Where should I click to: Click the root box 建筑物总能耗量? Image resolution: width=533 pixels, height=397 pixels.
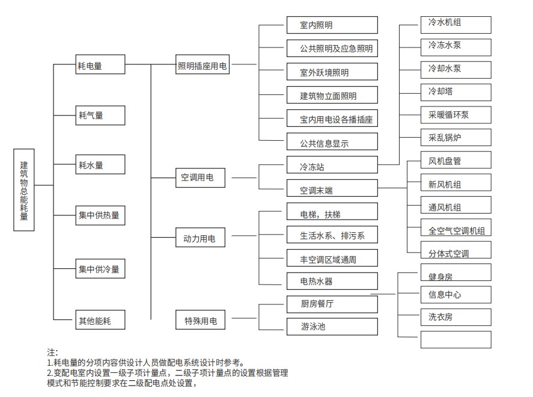pyautogui.click(x=24, y=189)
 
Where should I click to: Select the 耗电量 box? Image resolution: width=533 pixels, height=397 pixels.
pyautogui.click(x=100, y=65)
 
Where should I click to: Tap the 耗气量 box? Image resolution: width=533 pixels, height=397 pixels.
pyautogui.click(x=100, y=115)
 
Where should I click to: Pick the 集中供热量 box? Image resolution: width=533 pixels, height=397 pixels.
pyautogui.click(x=100, y=215)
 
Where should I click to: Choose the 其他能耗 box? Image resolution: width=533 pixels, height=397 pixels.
pyautogui.click(x=100, y=321)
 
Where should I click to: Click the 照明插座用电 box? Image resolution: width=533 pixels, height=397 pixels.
pyautogui.click(x=203, y=65)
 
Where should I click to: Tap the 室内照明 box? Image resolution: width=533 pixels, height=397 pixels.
pyautogui.click(x=332, y=25)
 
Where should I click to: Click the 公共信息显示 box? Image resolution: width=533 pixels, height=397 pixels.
pyautogui.click(x=332, y=143)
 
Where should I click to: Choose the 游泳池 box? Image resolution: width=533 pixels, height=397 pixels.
pyautogui.click(x=332, y=327)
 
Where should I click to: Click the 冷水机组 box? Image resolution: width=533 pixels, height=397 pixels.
pyautogui.click(x=455, y=25)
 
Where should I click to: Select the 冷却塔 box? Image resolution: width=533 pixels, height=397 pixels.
pyautogui.click(x=455, y=92)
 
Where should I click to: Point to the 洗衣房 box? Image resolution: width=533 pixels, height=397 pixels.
pyautogui.click(x=455, y=317)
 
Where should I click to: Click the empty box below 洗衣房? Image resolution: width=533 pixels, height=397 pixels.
pyautogui.click(x=455, y=340)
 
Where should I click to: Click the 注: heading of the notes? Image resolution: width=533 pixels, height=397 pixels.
pyautogui.click(x=52, y=352)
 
